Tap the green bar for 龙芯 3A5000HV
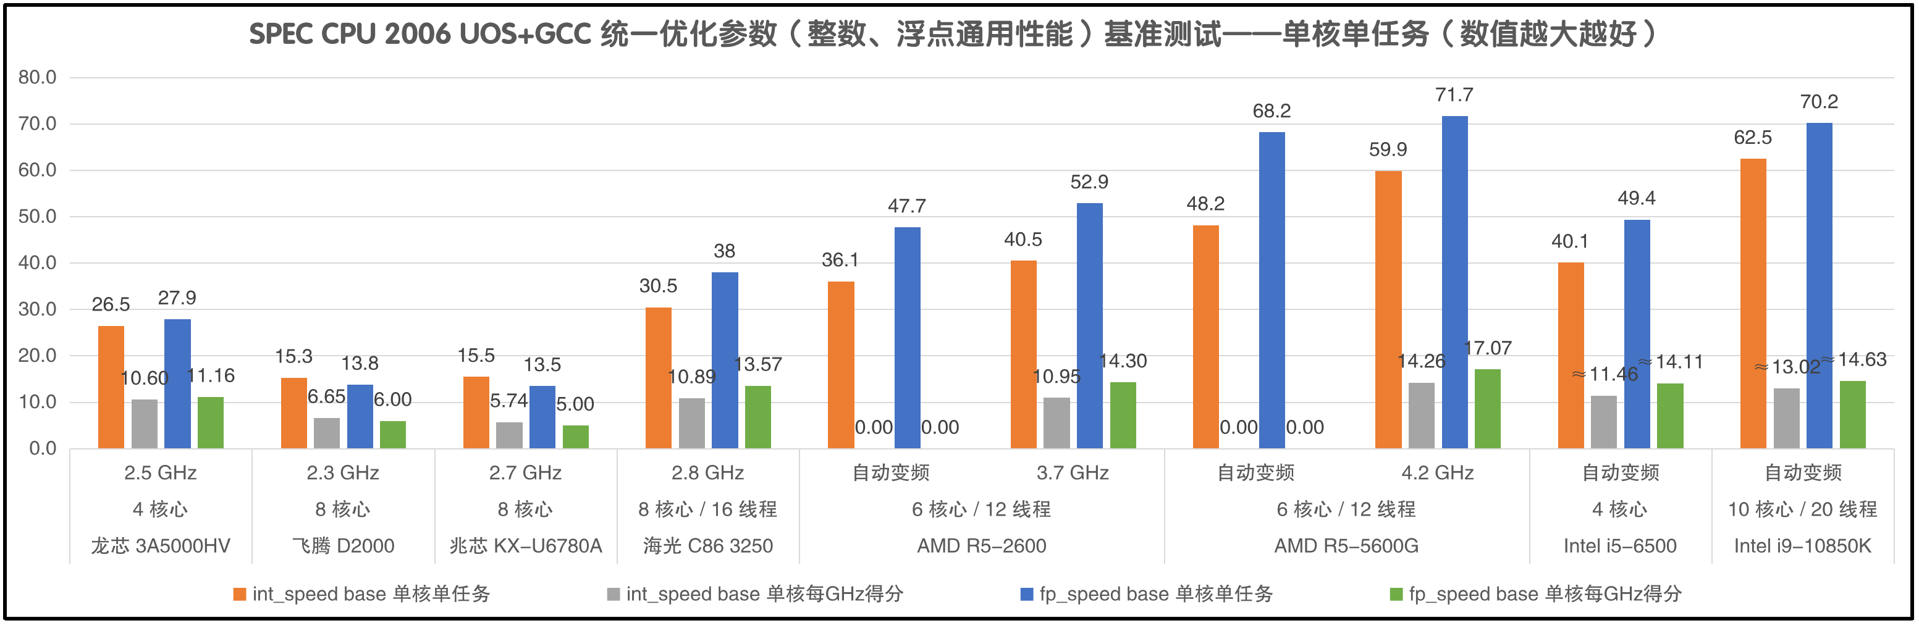(210, 422)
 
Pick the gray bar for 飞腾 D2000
(326, 433)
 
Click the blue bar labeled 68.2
(1271, 290)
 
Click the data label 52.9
(1089, 182)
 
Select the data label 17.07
(1488, 348)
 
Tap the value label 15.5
(476, 356)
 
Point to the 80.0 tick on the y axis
(37, 77)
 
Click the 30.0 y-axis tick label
(37, 309)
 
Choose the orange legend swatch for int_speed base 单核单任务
(239, 594)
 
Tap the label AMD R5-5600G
(1346, 546)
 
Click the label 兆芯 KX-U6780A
(525, 546)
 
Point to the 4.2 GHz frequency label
(1437, 473)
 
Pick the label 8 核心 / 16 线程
(707, 509)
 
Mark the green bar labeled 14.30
(1123, 415)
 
